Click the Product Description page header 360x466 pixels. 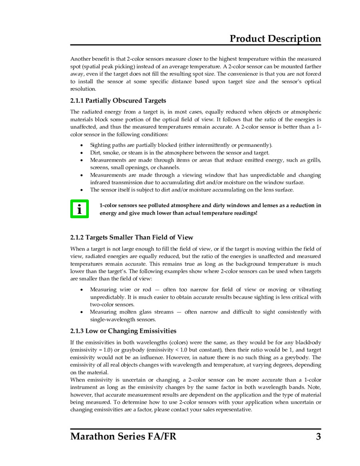pyautogui.click(x=275, y=39)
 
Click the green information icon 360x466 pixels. pyautogui.click(x=80, y=209)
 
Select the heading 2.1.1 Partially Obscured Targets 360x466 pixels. pyautogui.click(x=118, y=100)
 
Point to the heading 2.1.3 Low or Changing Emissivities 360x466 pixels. pyautogui.click(x=123, y=331)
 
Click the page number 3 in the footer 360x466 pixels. pyautogui.click(x=318, y=436)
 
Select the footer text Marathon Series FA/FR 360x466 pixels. pyautogui.click(x=123, y=436)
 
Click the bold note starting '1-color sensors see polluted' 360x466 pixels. pyautogui.click(x=210, y=209)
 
